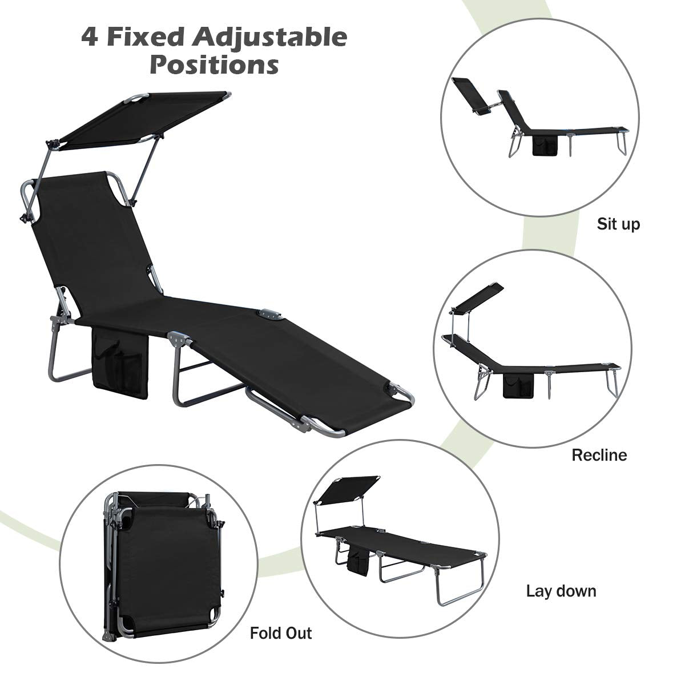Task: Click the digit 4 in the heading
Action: click(89, 38)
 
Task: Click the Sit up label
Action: click(618, 225)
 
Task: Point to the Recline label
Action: click(599, 455)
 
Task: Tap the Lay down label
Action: click(561, 591)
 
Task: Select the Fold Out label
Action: click(281, 633)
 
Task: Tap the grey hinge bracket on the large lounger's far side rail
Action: click(269, 315)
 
